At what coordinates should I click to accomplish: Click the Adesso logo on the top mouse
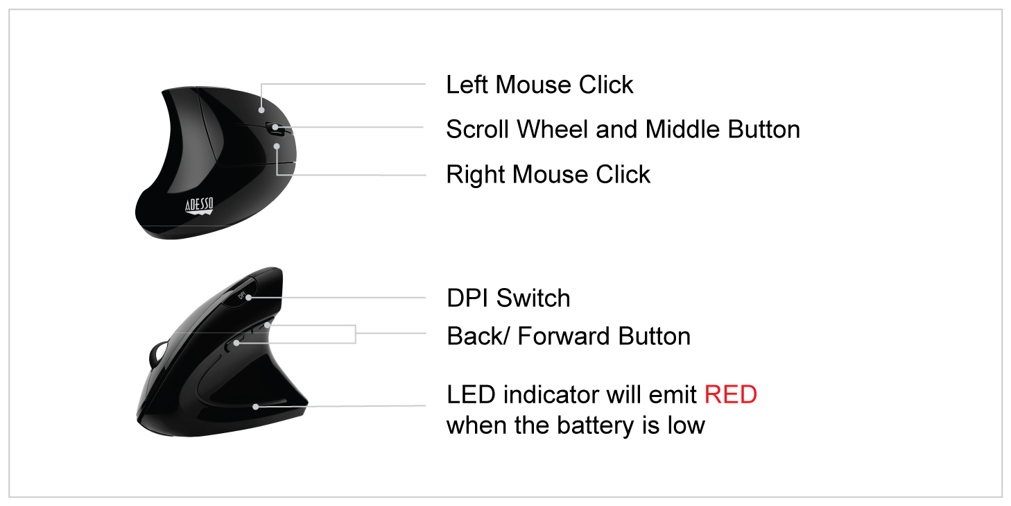pos(199,205)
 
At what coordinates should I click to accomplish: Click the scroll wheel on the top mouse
pos(275,127)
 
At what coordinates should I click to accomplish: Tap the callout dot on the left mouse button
pos(261,109)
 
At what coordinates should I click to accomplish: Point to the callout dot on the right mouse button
pos(277,146)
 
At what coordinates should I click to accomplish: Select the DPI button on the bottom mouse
pos(243,296)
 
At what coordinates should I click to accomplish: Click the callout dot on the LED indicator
pos(256,406)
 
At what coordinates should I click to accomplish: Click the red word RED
pos(730,394)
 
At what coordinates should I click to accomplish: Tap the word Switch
pos(533,298)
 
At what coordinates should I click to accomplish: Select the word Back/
pos(478,336)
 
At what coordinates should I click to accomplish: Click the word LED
pos(471,394)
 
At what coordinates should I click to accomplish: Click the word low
pos(686,425)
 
